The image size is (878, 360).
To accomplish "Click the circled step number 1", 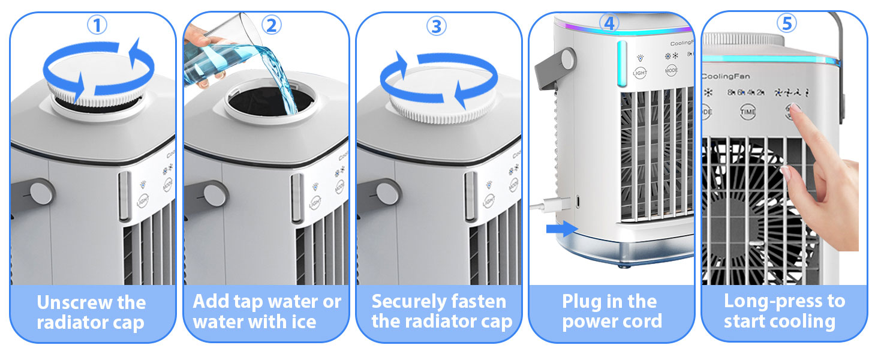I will pyautogui.click(x=97, y=25).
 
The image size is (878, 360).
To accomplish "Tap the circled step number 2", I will pyautogui.click(x=271, y=25).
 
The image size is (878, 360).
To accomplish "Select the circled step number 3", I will pyautogui.click(x=437, y=25).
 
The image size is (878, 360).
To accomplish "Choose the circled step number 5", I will pyautogui.click(x=786, y=23).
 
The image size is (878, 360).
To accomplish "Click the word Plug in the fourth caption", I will pyautogui.click(x=582, y=301).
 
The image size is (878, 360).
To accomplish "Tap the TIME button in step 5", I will pyautogui.click(x=748, y=112).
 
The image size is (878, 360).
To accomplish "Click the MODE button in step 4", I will pyautogui.click(x=672, y=70).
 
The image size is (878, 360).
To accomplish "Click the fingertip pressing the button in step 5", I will pyautogui.click(x=795, y=110).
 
